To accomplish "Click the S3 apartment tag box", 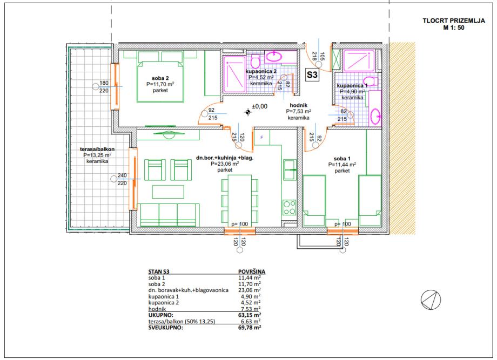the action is click(312, 74).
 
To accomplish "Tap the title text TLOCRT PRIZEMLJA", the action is click(454, 21).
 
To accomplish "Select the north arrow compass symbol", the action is click(431, 300).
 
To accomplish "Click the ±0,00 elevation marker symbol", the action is click(248, 112).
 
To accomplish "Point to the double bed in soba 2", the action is click(160, 78).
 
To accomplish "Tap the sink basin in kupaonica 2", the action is click(273, 57).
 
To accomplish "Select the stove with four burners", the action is click(290, 208).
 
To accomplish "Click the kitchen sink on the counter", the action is click(290, 169).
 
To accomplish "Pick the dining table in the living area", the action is click(240, 200).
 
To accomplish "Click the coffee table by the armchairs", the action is click(168, 192).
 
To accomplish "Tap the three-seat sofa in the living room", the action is click(169, 215).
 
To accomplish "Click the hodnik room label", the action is click(299, 105).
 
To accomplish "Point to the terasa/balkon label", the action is click(97, 149).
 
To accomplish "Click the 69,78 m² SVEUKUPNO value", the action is click(250, 328).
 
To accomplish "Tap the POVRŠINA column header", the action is click(252, 271).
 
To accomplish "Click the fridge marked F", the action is click(262, 138).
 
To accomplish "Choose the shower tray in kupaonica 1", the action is click(359, 60).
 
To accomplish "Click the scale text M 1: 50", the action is click(454, 28).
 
